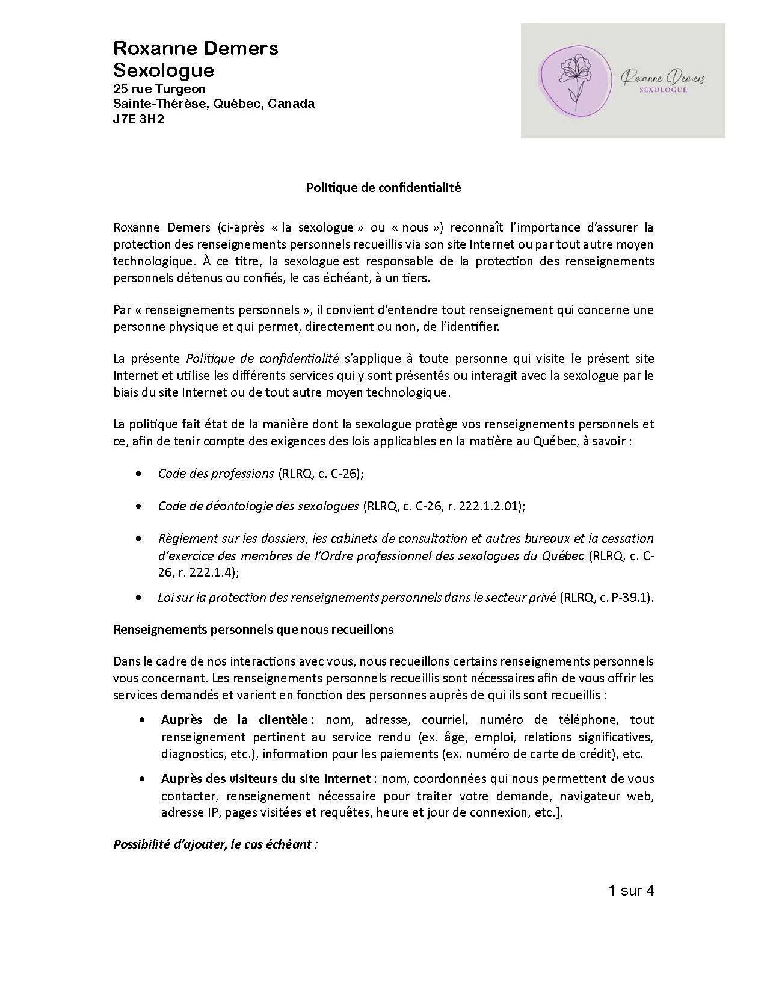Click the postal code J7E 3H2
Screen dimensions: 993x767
tap(139, 119)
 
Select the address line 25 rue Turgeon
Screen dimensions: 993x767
tap(159, 88)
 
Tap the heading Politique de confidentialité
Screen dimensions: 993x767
tap(383, 188)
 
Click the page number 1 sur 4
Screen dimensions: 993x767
tap(630, 890)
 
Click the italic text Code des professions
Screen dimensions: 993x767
tap(216, 474)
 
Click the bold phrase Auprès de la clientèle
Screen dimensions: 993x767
tap(235, 720)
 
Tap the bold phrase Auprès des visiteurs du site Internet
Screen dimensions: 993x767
tap(265, 779)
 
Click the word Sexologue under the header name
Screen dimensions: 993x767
tap(164, 70)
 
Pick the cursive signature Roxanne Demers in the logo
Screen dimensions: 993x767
tap(662, 77)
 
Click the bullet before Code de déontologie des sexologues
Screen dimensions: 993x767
tap(140, 507)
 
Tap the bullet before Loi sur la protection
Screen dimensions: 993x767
tap(140, 598)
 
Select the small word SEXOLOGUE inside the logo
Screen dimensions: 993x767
tap(664, 90)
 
